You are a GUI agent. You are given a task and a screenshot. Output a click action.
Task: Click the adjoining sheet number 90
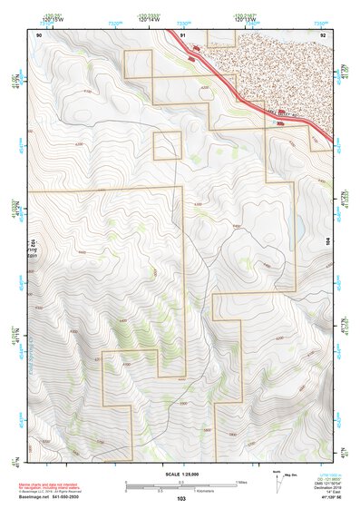(39, 34)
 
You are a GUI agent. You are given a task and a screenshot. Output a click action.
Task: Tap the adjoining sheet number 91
(182, 34)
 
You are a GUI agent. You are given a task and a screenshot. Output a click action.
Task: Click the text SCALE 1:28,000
(181, 474)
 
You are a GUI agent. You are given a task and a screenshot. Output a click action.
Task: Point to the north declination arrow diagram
(277, 481)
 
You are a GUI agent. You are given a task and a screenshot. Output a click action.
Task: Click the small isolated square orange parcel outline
(167, 146)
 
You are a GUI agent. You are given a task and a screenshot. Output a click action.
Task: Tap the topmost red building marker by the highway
(190, 60)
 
